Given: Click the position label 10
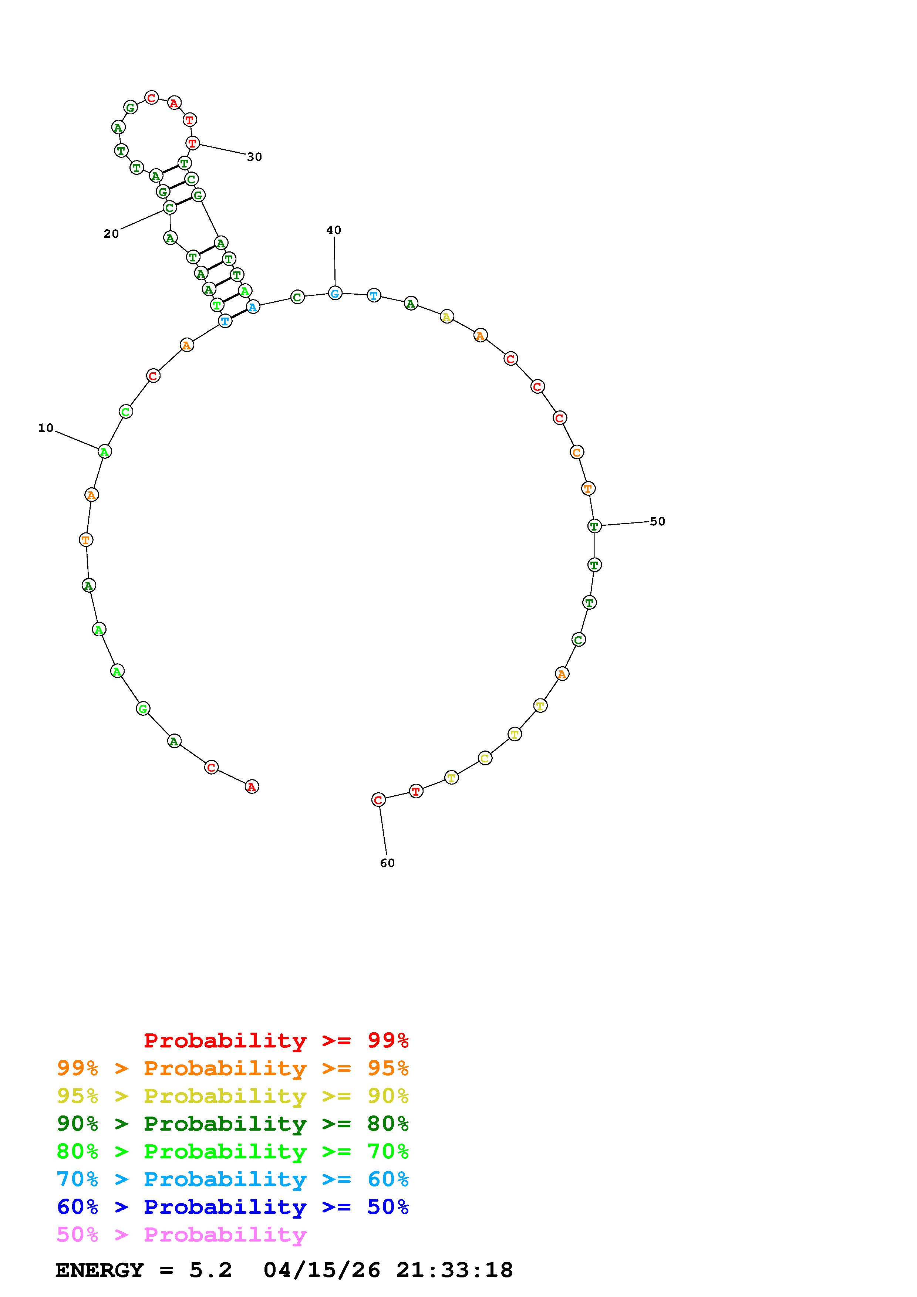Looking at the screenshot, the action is coord(46,428).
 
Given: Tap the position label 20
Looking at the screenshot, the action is coord(111,234).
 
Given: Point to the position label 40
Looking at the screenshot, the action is coord(334,230).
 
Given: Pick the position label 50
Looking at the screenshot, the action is coord(658,521).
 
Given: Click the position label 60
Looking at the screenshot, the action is coord(388,863).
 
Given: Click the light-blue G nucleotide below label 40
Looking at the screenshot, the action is coord(335,293).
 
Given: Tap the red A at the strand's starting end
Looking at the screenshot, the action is coord(252,786).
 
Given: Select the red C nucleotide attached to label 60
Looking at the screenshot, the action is coord(378,800).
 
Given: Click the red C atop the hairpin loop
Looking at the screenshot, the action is coord(151,98).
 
